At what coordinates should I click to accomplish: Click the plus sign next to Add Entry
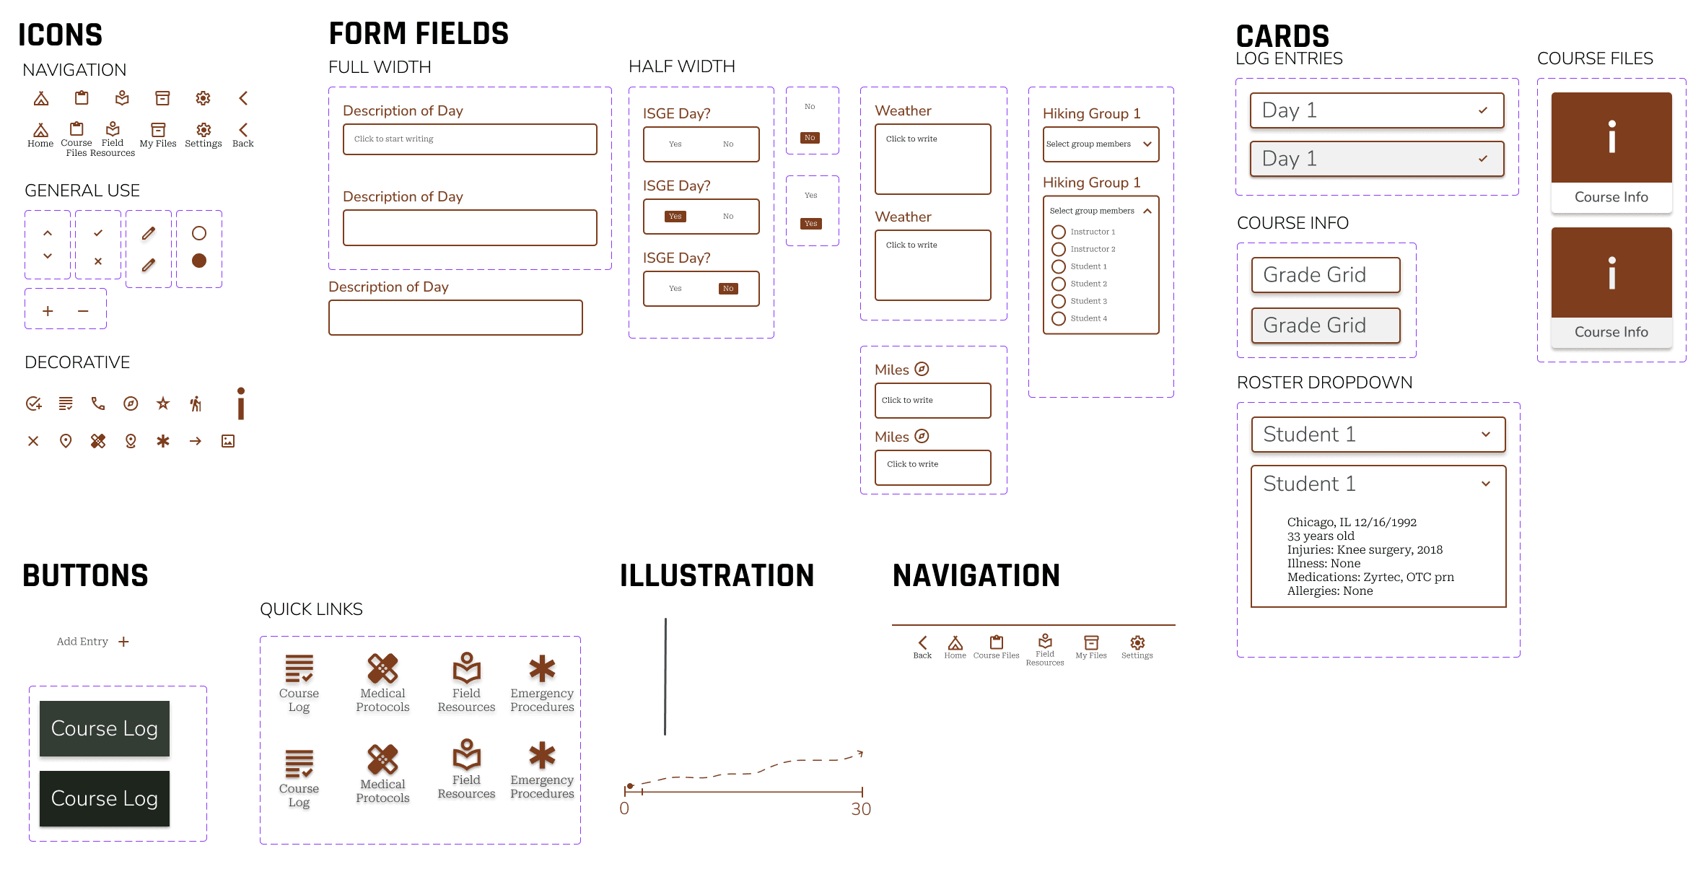[x=124, y=642]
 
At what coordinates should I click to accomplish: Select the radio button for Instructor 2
[x=1059, y=249]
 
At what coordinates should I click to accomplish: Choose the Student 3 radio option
[x=1059, y=301]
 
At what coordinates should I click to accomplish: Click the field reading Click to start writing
[x=470, y=139]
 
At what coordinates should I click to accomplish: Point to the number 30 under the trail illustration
[x=860, y=809]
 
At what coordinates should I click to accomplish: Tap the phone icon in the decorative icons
[x=98, y=403]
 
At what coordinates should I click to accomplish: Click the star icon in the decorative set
[x=163, y=403]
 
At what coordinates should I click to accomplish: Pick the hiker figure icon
[x=196, y=403]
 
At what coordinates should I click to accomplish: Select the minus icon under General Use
[x=83, y=311]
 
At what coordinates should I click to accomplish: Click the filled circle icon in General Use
[x=199, y=261]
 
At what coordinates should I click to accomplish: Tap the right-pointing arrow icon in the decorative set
[x=196, y=441]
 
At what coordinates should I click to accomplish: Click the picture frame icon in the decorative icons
[x=228, y=441]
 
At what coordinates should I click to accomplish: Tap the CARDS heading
[x=1282, y=36]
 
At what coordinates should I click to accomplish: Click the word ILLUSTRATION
[x=717, y=576]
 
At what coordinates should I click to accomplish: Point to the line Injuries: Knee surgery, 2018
[x=1365, y=550]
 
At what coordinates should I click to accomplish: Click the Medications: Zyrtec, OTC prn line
[x=1370, y=577]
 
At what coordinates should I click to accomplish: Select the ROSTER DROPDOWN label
[x=1324, y=383]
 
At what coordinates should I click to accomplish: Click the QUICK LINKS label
[x=311, y=609]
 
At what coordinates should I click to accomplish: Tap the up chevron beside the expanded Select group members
[x=1147, y=211]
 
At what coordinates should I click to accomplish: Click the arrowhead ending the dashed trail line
[x=859, y=754]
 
